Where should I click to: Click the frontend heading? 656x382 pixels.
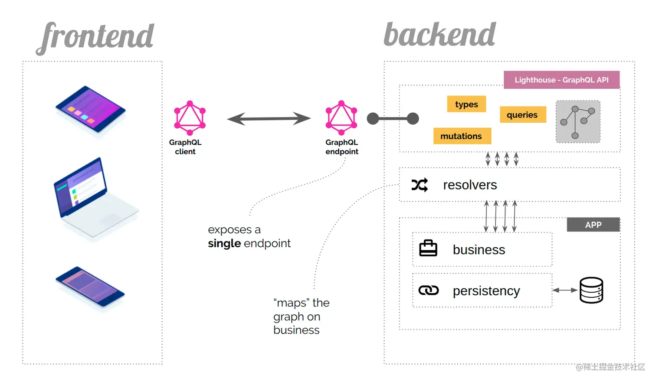tap(96, 36)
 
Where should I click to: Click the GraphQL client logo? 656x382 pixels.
tap(190, 118)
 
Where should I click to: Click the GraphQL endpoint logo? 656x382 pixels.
tap(341, 118)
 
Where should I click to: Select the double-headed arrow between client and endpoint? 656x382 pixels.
tap(269, 118)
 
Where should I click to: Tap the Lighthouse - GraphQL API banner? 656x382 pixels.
tap(561, 80)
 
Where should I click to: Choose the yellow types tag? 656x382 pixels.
tap(466, 104)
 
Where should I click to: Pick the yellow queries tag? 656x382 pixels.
tap(522, 115)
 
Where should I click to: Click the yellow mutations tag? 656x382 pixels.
tap(462, 136)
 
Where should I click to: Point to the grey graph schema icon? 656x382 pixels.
tap(578, 122)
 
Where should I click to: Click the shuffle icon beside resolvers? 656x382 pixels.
tap(420, 185)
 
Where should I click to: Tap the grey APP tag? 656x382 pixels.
tap(593, 225)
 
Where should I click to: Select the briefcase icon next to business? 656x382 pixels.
tap(428, 248)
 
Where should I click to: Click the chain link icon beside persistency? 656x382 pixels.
tap(428, 291)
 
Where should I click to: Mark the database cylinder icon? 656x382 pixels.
tap(591, 290)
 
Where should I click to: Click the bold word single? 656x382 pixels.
tap(224, 244)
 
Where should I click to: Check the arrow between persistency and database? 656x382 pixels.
tap(565, 290)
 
